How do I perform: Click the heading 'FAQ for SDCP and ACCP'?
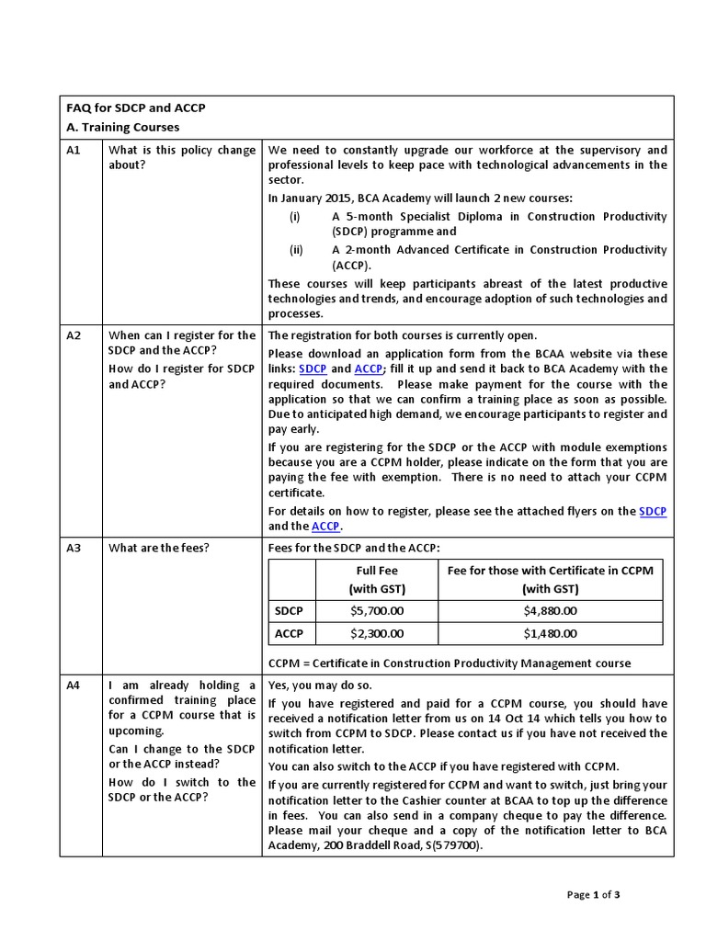pyautogui.click(x=134, y=108)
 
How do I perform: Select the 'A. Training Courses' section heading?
pyautogui.click(x=123, y=127)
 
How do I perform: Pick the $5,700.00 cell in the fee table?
pyautogui.click(x=377, y=610)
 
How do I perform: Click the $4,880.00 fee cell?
pyautogui.click(x=550, y=610)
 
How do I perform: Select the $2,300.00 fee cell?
pyautogui.click(x=377, y=633)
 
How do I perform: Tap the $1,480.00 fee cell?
pyautogui.click(x=550, y=633)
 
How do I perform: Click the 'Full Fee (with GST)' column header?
pyautogui.click(x=377, y=579)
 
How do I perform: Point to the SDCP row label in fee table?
pyautogui.click(x=290, y=610)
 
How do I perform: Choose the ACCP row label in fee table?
pyautogui.click(x=290, y=633)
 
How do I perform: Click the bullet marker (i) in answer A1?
pyautogui.click(x=294, y=217)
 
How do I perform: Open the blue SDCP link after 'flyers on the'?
pyautogui.click(x=653, y=511)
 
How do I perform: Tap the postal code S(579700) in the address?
pyautogui.click(x=448, y=845)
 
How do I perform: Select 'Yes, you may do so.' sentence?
pyautogui.click(x=321, y=686)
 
